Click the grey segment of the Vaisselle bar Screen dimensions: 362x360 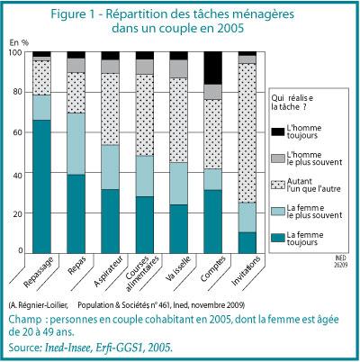pyautogui.click(x=178, y=68)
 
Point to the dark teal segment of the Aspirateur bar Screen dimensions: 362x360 pyautogui.click(x=110, y=222)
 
